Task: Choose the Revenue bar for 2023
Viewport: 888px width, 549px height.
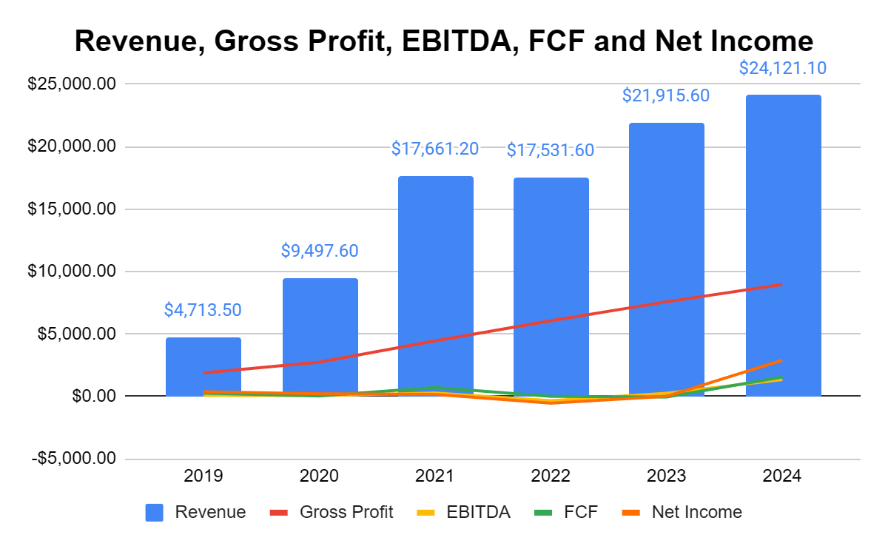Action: [x=667, y=259]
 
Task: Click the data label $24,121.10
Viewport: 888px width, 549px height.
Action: [x=783, y=69]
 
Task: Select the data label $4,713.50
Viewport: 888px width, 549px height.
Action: [x=203, y=310]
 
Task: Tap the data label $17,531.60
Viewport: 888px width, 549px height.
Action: [x=551, y=150]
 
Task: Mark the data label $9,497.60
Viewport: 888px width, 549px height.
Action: [x=320, y=251]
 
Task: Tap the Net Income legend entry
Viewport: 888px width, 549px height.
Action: [x=696, y=512]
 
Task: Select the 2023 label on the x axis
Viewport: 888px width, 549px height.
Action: [x=667, y=476]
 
